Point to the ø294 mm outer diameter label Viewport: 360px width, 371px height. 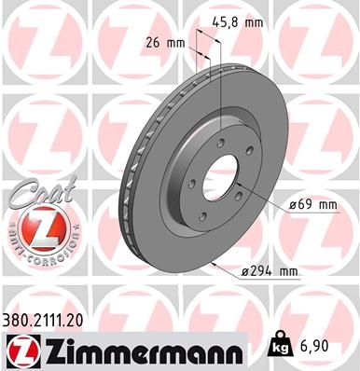pyautogui.click(x=268, y=271)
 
